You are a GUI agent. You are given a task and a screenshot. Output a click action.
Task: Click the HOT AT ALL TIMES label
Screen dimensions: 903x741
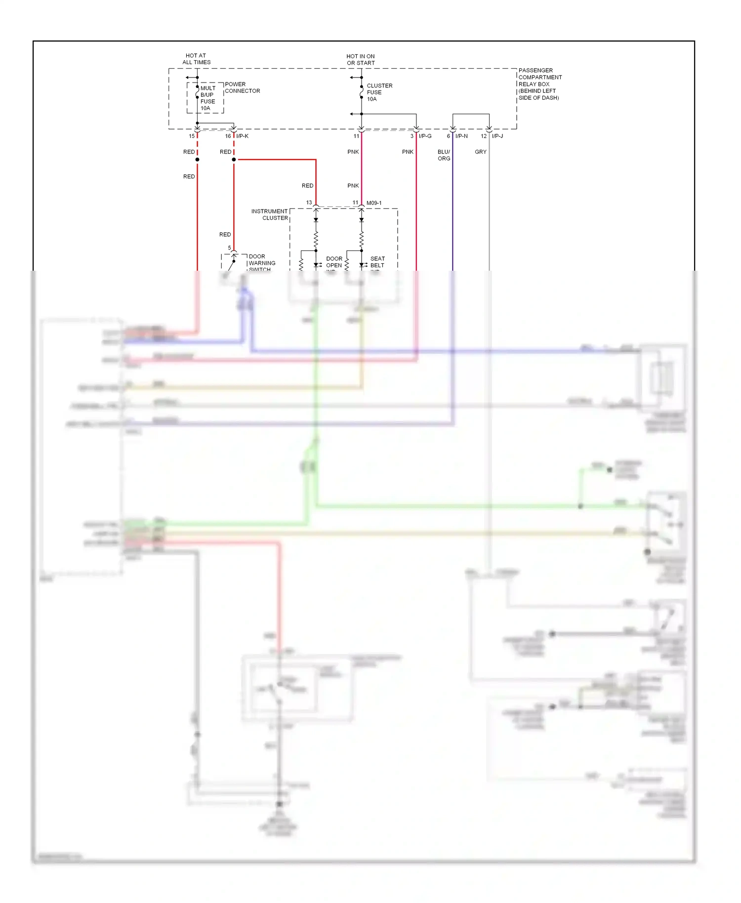(196, 59)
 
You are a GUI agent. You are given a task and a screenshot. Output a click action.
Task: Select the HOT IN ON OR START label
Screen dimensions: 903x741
(361, 60)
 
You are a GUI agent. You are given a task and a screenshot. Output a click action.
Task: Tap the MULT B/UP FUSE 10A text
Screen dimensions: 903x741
(207, 98)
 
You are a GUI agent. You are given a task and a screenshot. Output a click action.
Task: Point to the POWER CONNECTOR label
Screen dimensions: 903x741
(242, 87)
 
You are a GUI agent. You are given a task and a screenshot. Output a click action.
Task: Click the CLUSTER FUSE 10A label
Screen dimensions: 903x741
(379, 92)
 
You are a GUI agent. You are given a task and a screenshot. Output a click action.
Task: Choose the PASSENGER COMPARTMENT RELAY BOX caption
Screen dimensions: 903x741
(539, 84)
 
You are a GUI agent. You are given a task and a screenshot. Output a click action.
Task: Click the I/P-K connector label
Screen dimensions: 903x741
(242, 136)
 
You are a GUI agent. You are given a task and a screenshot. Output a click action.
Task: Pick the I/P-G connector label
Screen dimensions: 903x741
(425, 136)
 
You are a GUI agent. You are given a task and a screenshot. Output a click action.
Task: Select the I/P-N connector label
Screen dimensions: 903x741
(461, 136)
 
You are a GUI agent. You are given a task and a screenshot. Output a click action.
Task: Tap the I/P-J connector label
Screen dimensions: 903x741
(497, 136)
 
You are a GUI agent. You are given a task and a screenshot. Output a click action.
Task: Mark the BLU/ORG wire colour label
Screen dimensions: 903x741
(444, 155)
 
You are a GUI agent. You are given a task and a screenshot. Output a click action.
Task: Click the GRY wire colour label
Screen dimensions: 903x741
(481, 152)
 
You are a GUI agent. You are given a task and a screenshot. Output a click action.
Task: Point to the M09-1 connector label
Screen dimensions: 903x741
(374, 203)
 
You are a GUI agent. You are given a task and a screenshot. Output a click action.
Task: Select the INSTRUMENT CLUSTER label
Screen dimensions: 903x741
(270, 214)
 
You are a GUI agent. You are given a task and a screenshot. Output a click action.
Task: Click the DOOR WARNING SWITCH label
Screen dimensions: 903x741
(262, 263)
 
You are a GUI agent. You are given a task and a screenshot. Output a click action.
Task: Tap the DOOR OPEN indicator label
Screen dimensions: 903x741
(334, 262)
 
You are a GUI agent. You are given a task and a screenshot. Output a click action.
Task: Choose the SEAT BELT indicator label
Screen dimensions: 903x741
(377, 262)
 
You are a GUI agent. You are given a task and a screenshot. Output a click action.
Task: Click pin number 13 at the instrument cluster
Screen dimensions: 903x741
(309, 203)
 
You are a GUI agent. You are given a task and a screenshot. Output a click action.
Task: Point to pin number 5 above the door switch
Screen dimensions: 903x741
(229, 248)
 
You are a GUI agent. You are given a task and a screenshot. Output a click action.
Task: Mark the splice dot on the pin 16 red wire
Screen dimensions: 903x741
(234, 160)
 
